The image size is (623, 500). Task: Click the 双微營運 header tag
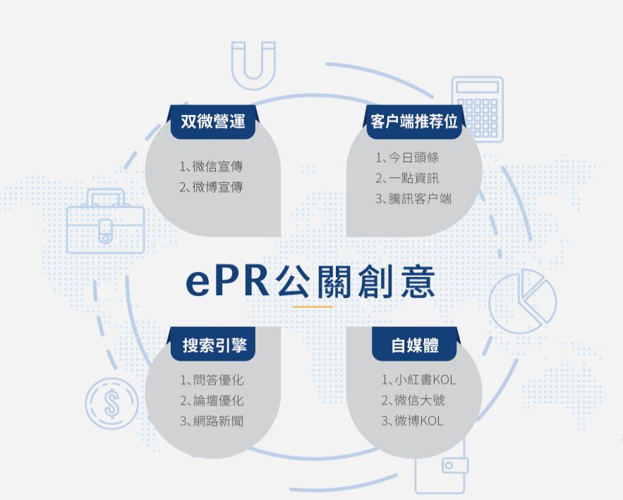pyautogui.click(x=213, y=121)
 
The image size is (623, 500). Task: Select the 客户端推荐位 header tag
pyautogui.click(x=414, y=121)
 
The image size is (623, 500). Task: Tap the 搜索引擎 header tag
pyautogui.click(x=213, y=345)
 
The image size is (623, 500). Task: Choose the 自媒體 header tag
pyautogui.click(x=415, y=345)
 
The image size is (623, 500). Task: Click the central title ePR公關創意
pyautogui.click(x=310, y=281)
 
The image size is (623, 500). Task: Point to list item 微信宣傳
pyautogui.click(x=211, y=167)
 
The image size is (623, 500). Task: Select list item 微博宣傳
pyautogui.click(x=211, y=187)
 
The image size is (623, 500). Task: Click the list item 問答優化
pyautogui.click(x=212, y=380)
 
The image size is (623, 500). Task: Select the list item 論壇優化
pyautogui.click(x=212, y=400)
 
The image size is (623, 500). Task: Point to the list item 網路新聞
pyautogui.click(x=212, y=421)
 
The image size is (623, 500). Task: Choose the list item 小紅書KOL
pyautogui.click(x=418, y=380)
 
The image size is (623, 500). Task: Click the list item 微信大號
pyautogui.click(x=413, y=400)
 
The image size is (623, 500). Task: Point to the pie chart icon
pyautogui.click(x=522, y=303)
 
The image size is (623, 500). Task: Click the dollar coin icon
pyautogui.click(x=111, y=405)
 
